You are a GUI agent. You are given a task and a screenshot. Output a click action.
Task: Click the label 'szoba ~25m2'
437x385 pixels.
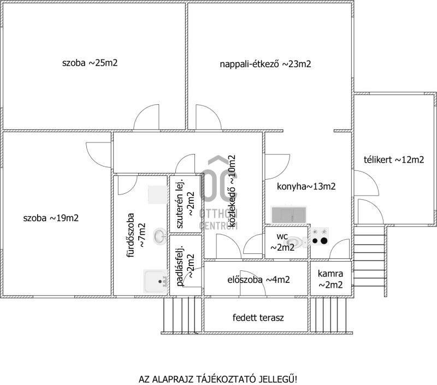[90, 63]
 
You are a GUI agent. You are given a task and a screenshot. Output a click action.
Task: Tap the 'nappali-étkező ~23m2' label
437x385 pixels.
[265, 64]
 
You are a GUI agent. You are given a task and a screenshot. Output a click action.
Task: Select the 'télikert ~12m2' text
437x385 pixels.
[394, 160]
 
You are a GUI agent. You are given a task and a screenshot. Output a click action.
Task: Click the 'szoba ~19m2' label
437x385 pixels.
[51, 218]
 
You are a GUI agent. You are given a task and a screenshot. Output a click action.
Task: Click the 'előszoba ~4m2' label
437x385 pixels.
[258, 280]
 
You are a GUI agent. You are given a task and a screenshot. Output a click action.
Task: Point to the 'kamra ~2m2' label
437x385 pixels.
[330, 279]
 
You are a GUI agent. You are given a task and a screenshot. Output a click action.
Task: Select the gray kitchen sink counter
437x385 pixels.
[290, 214]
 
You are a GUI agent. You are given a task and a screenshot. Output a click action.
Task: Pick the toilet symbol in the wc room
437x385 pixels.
[295, 240]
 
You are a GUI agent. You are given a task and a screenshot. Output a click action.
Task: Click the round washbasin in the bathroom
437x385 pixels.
[159, 235]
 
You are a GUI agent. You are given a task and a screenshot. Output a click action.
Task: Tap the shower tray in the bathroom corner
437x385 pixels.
[155, 282]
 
